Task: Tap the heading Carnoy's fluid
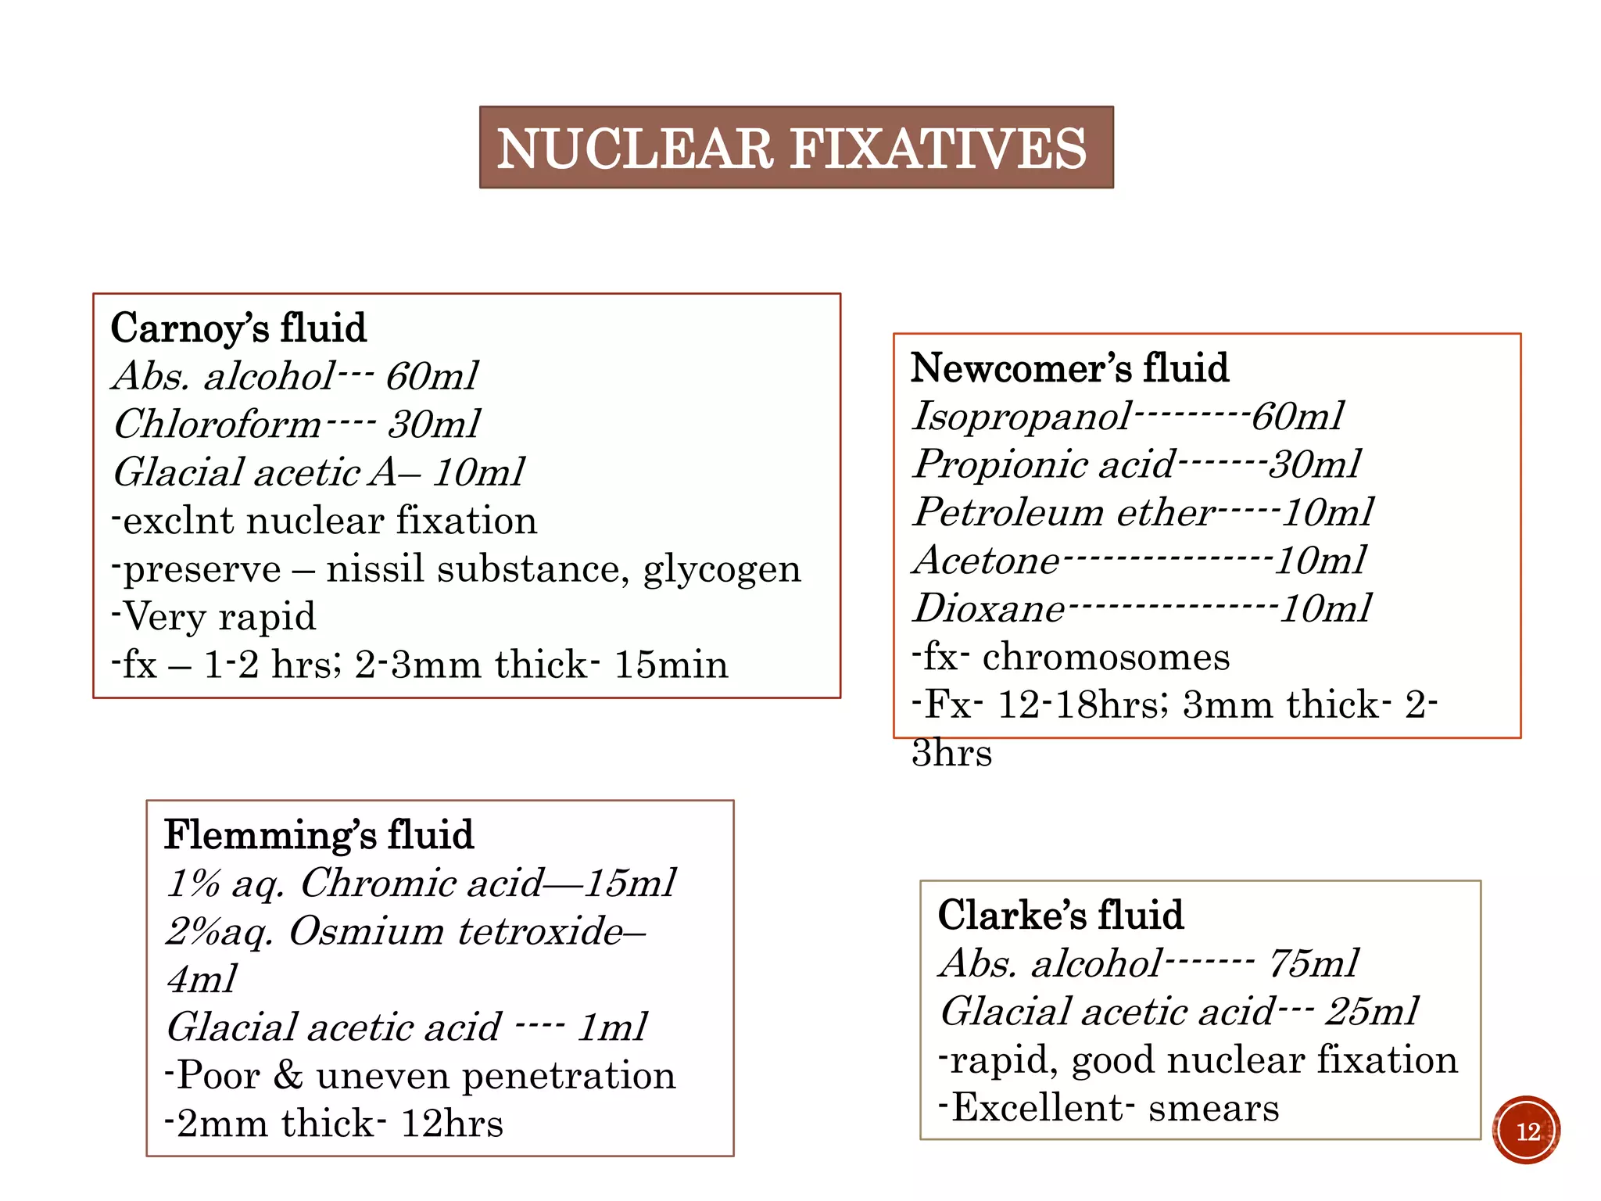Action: tap(238, 328)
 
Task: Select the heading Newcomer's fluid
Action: tap(1069, 367)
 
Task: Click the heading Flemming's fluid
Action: tap(318, 834)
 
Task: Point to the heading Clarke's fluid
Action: tap(1060, 915)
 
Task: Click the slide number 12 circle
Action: tap(1526, 1131)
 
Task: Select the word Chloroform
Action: tap(217, 425)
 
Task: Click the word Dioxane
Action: tap(989, 608)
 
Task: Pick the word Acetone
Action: tap(987, 561)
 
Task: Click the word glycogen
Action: tap(722, 569)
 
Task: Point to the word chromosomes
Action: tap(1105, 657)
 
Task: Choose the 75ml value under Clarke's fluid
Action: tap(1313, 963)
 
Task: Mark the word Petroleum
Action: tap(1008, 512)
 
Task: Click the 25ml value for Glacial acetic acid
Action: tap(1371, 1012)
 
